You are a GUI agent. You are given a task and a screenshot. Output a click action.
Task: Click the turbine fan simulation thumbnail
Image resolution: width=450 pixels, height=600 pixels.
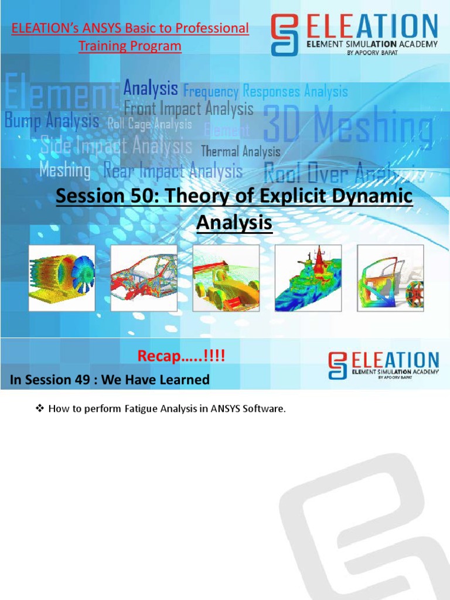click(x=62, y=278)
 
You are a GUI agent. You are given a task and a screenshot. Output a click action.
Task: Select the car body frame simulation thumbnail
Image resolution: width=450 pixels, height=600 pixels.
click(x=144, y=278)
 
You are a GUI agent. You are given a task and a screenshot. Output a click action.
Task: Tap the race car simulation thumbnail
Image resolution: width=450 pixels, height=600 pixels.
click(x=226, y=278)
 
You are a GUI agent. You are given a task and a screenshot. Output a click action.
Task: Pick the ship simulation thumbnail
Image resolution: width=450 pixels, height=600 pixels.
click(x=308, y=278)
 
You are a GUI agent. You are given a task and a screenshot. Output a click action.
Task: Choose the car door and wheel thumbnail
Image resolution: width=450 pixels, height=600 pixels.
click(x=390, y=278)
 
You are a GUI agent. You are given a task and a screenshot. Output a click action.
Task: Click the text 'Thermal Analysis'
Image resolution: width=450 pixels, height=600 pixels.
click(x=240, y=152)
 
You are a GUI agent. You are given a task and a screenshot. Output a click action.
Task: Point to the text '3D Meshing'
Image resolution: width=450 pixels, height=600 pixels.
click(x=349, y=126)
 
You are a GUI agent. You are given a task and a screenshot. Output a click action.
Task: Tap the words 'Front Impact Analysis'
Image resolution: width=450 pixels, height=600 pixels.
click(x=189, y=108)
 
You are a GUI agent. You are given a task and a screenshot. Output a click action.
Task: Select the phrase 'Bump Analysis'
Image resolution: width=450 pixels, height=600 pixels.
click(x=52, y=121)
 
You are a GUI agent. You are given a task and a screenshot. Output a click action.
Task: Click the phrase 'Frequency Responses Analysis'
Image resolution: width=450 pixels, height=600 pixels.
click(x=265, y=91)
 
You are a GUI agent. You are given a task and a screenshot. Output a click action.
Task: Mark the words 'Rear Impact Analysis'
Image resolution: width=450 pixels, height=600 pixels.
click(x=173, y=172)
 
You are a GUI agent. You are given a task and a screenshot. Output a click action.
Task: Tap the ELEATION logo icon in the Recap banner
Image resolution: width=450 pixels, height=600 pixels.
click(x=337, y=364)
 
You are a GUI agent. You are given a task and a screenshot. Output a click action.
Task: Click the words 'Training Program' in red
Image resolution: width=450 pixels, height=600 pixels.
click(x=130, y=46)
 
